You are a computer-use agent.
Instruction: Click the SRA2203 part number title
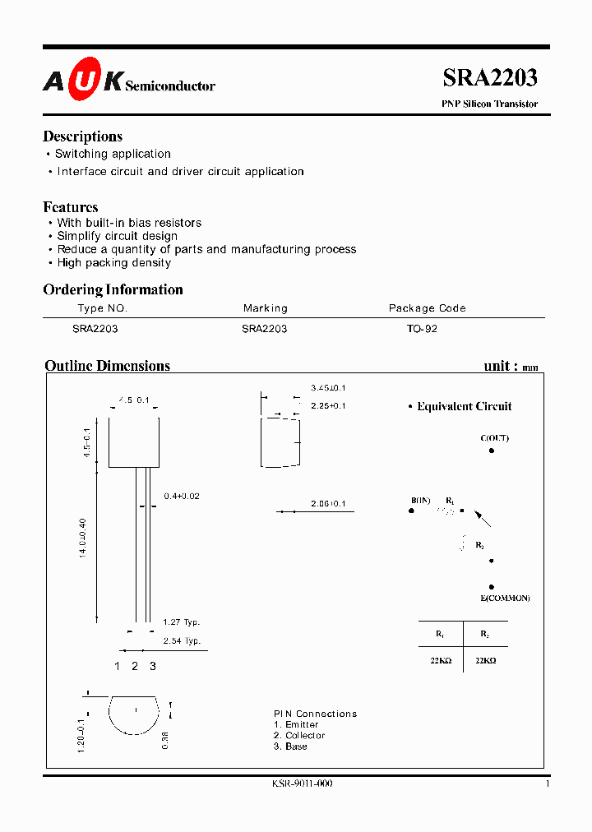490,78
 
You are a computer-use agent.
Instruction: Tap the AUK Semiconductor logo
128,81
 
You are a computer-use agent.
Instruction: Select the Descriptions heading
82,136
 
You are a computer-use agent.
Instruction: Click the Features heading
71,207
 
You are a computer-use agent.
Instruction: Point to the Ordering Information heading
113,289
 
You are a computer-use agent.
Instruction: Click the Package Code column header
427,308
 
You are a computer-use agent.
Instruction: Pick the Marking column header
265,308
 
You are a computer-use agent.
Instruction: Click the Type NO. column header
102,308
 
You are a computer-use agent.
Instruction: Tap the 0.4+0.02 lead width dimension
182,496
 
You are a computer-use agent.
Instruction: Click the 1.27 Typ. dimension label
181,622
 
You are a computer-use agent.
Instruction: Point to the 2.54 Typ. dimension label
181,640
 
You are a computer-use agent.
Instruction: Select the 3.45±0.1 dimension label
328,387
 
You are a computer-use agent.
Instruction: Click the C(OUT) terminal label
494,438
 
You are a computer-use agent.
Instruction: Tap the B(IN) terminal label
421,500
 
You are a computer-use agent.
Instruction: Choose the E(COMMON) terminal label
505,598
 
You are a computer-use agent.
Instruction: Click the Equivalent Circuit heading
464,406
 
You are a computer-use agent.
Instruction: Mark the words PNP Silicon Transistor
490,104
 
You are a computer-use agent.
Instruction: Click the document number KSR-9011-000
302,783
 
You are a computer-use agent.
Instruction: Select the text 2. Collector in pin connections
299,735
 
